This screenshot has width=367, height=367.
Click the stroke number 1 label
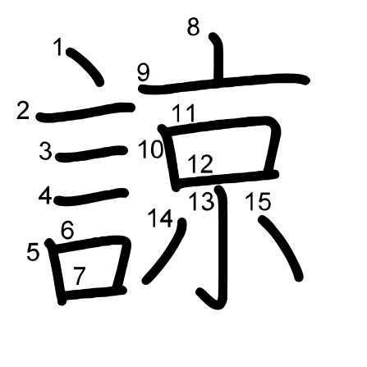[x=58, y=47]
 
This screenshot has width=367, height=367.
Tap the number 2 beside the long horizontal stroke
[x=23, y=110]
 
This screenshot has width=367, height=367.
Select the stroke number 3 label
[x=45, y=151]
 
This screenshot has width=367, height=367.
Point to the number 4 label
[x=45, y=195]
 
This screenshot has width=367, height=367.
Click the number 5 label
[x=33, y=252]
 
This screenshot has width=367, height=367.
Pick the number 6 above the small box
[x=67, y=229]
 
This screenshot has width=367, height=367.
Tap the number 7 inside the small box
[x=80, y=276]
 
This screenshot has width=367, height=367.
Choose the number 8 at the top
[x=193, y=26]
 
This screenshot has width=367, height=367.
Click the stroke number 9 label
[x=144, y=72]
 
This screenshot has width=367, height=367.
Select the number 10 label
[x=151, y=149]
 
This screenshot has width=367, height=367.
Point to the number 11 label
[x=184, y=113]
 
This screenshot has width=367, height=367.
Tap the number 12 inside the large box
[x=200, y=163]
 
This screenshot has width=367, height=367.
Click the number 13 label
[x=202, y=201]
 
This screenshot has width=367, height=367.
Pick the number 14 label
[x=161, y=218]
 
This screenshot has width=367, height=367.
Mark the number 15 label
[x=258, y=201]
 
